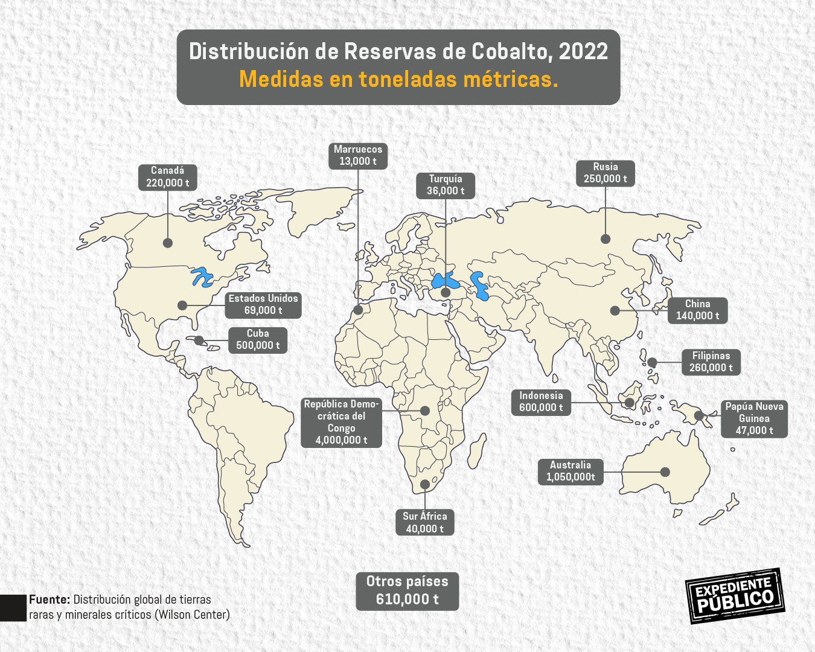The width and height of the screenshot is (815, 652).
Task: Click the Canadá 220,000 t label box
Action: (x=167, y=177)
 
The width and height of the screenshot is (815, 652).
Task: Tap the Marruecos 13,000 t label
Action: (x=358, y=155)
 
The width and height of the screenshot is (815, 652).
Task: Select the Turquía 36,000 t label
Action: (x=446, y=185)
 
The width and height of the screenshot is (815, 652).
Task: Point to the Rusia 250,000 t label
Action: (x=605, y=173)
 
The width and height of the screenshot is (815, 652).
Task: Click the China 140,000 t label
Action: (x=697, y=310)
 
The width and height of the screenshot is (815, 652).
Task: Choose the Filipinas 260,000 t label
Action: (x=711, y=362)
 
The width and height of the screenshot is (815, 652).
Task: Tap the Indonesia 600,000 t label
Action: (x=541, y=402)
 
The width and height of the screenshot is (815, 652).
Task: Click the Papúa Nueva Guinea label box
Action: (x=754, y=418)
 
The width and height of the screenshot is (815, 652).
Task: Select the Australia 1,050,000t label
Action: (x=570, y=471)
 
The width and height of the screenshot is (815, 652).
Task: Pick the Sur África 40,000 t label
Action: (x=425, y=522)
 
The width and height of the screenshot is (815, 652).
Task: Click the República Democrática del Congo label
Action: (x=341, y=422)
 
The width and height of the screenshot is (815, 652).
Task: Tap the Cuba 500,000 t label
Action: (x=258, y=339)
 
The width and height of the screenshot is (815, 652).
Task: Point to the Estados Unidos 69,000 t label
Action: (x=263, y=304)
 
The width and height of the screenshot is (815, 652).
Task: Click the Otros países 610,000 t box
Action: (x=407, y=590)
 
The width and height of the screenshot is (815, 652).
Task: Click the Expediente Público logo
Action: (x=735, y=595)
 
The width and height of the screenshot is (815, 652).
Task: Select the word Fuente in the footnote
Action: (x=50, y=599)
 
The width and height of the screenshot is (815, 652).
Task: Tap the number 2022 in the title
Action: (x=583, y=52)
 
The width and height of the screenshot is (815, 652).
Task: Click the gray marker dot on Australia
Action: (x=665, y=472)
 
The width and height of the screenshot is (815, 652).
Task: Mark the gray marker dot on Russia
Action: (x=606, y=239)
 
